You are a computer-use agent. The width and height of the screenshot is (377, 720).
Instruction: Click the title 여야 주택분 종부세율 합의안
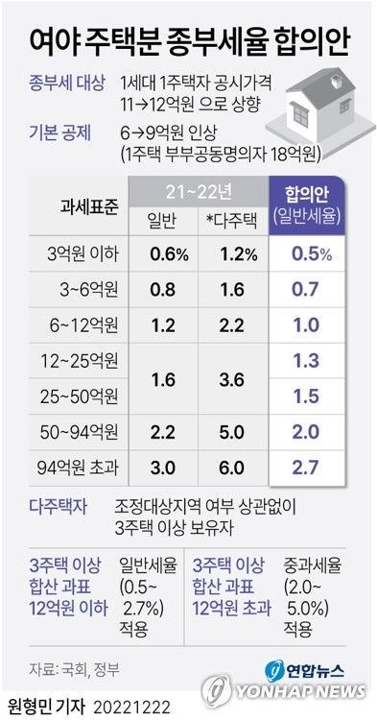(x=188, y=40)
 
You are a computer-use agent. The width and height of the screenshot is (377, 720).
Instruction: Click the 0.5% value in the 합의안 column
(x=308, y=254)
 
